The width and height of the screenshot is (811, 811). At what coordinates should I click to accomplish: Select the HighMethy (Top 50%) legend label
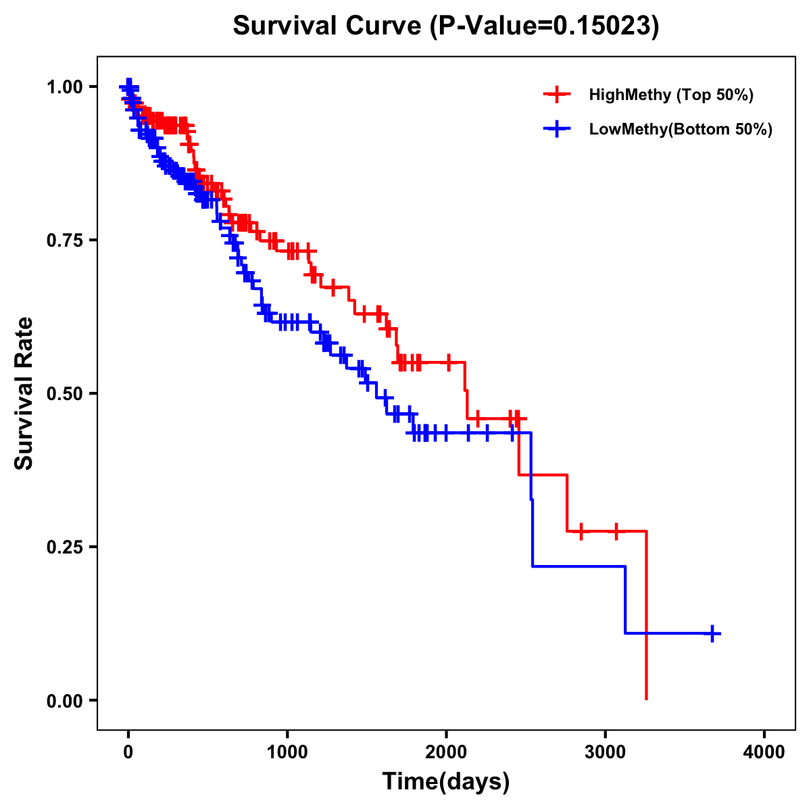tap(670, 95)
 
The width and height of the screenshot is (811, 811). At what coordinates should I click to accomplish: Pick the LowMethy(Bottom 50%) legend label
tap(681, 129)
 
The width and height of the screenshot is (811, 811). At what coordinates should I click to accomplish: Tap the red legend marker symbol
tap(557, 95)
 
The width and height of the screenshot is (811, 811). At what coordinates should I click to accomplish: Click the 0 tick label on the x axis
tap(128, 752)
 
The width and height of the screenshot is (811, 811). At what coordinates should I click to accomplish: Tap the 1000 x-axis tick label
tap(287, 752)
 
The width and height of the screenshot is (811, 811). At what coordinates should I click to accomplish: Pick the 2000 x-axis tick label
tap(446, 752)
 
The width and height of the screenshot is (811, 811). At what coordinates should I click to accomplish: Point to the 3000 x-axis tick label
tap(606, 752)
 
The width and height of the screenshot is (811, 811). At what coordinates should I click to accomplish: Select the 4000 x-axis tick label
tap(764, 752)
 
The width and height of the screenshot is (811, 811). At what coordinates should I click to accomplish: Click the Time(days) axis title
tap(446, 782)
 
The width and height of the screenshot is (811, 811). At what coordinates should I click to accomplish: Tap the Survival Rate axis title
tap(24, 393)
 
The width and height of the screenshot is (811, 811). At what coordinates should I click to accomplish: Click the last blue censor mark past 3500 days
tap(712, 633)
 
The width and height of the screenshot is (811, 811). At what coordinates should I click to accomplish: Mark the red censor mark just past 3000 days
tap(616, 531)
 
